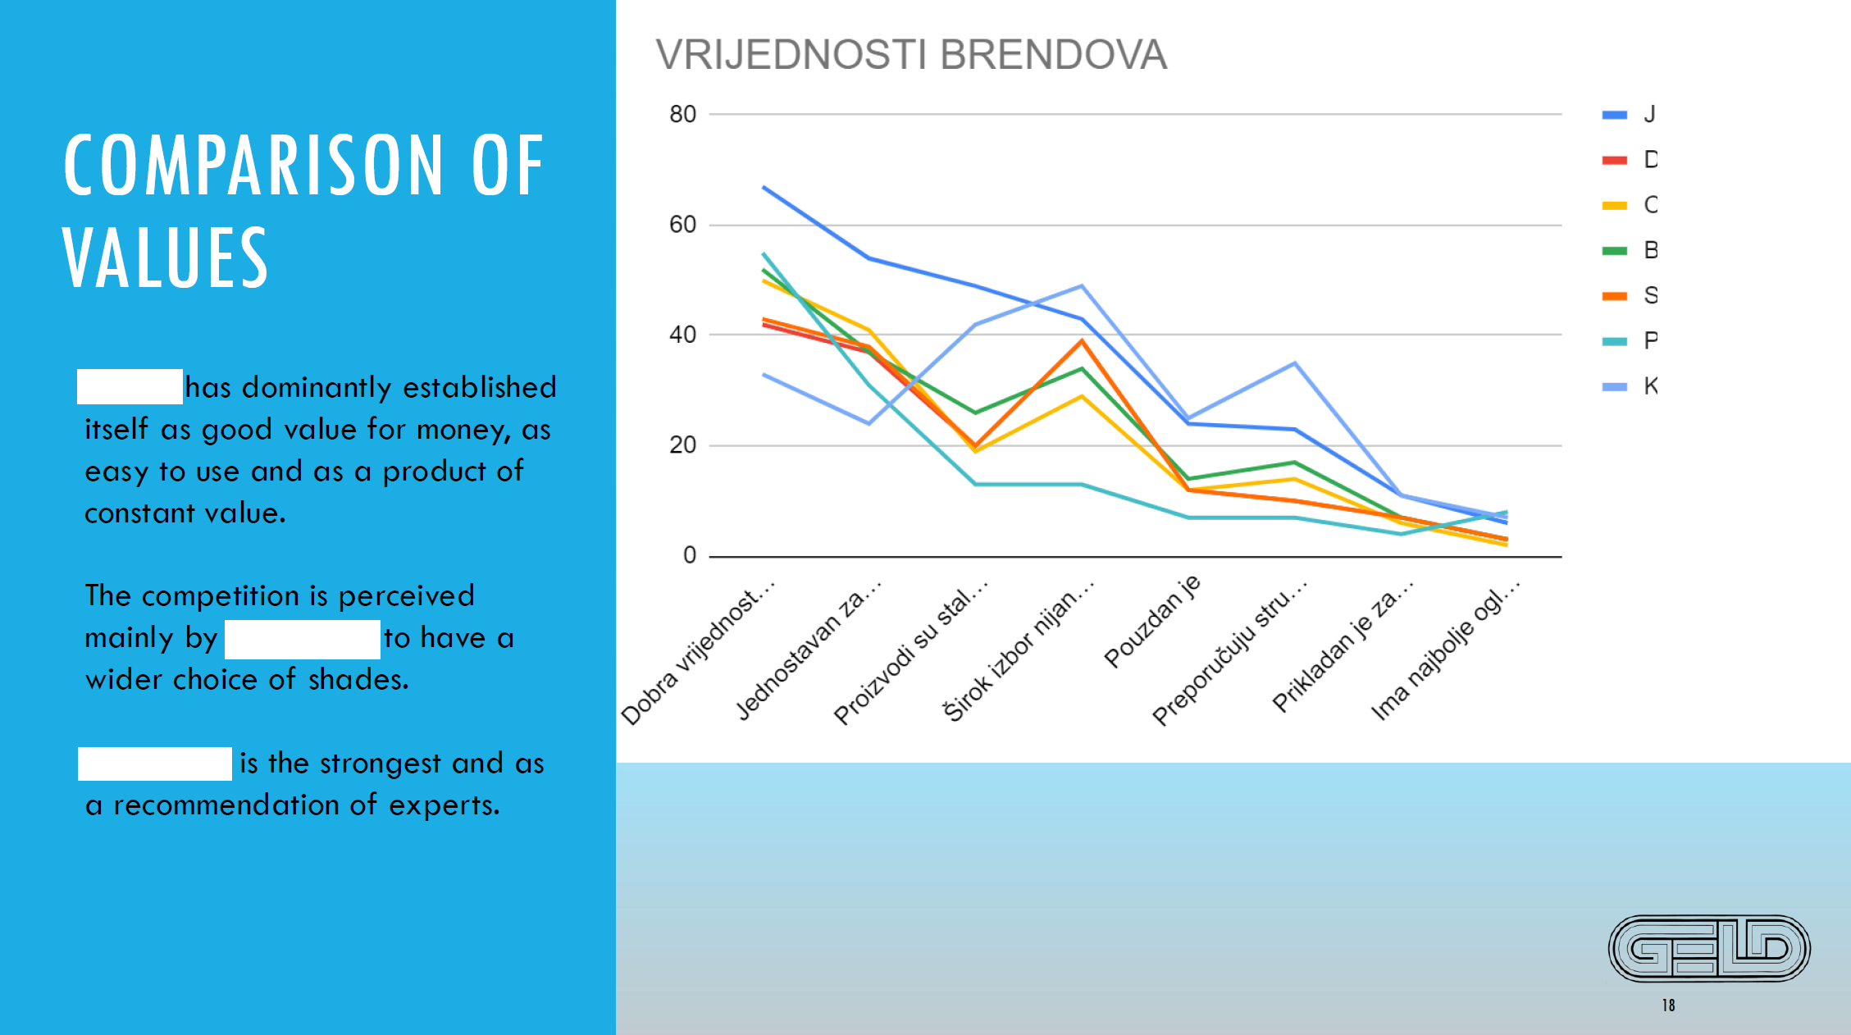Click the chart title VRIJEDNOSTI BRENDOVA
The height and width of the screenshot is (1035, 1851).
pos(910,55)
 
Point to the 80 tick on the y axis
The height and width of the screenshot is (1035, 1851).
pos(682,114)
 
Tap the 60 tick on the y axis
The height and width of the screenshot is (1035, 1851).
pos(682,225)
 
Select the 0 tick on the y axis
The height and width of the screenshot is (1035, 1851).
pos(690,555)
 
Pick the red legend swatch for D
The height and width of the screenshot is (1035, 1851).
pos(1614,160)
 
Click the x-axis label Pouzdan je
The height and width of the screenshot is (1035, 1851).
pos(1151,621)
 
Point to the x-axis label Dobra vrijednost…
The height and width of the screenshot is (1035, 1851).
pos(697,652)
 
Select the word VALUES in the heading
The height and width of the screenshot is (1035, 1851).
pos(166,258)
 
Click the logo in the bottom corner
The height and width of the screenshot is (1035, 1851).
pos(1709,948)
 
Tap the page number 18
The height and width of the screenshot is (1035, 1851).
pos(1668,1005)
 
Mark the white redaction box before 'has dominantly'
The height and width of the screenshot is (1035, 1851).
pos(130,387)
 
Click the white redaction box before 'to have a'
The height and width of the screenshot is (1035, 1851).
pos(302,639)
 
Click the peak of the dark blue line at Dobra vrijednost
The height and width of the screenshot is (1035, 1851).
pos(764,188)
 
